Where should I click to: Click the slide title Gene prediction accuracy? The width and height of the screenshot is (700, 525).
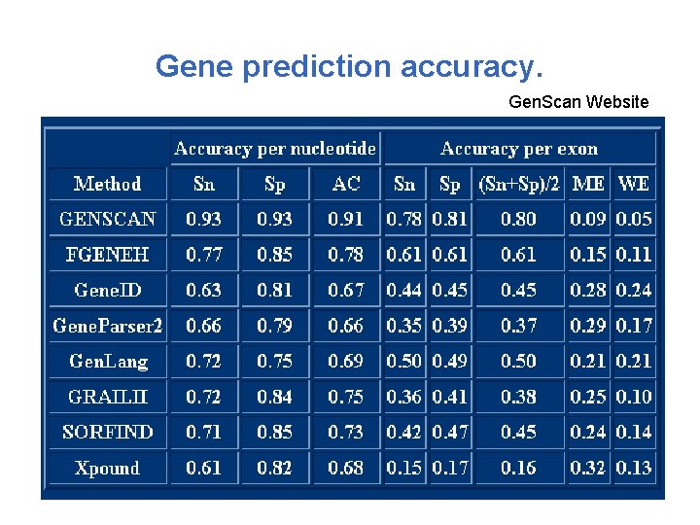click(349, 67)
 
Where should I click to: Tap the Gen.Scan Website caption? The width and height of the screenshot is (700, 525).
click(578, 101)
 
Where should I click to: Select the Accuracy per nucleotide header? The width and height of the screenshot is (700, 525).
click(274, 149)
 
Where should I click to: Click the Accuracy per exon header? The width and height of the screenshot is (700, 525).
click(519, 149)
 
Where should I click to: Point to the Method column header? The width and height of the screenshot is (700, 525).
click(108, 183)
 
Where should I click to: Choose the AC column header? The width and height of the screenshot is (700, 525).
click(346, 183)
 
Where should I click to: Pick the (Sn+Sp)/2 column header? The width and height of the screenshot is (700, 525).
click(519, 183)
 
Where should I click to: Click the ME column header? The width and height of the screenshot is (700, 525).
click(588, 183)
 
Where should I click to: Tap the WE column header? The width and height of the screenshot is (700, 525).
click(634, 183)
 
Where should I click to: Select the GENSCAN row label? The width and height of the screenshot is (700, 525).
click(108, 219)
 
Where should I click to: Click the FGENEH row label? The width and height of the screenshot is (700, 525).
click(108, 255)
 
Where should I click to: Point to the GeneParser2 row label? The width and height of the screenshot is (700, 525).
click(108, 326)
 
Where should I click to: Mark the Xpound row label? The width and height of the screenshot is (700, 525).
click(108, 468)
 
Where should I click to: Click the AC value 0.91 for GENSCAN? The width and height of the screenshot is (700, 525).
click(346, 219)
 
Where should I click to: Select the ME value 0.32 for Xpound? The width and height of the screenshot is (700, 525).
click(588, 468)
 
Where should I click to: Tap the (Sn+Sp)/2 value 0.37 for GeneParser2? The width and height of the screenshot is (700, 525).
click(519, 326)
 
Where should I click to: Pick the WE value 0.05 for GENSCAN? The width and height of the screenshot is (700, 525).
click(634, 219)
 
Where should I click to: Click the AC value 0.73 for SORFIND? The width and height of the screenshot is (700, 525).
click(346, 432)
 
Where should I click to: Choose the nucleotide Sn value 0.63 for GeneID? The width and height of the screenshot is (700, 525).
click(204, 290)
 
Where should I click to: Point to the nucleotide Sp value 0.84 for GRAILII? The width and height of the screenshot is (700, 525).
click(275, 397)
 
